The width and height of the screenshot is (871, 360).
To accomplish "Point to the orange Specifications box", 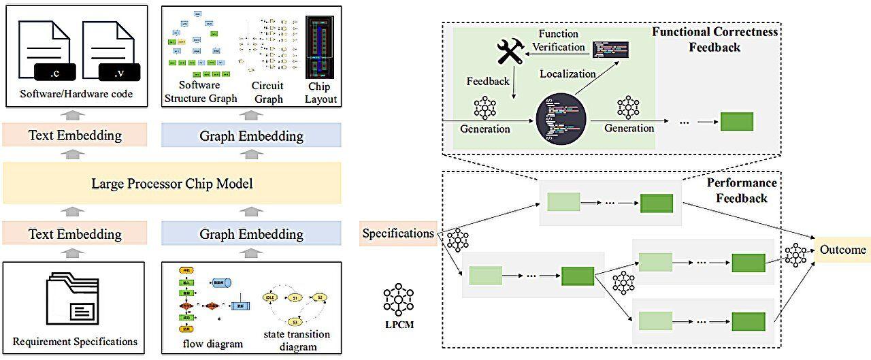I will [x=398, y=234].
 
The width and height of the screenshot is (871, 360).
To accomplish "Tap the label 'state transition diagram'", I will [x=296, y=340].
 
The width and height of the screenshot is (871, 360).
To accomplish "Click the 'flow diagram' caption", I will [x=213, y=344].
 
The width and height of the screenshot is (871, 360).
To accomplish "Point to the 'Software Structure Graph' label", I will [x=201, y=92].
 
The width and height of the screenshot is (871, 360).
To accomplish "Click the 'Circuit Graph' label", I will [x=267, y=92].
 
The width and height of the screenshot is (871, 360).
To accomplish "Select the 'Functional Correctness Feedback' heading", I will [x=714, y=40].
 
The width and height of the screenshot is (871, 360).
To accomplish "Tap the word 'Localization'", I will [x=568, y=73].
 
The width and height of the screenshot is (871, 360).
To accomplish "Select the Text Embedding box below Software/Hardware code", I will [x=75, y=135].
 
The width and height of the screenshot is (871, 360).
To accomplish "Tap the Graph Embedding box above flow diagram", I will [x=251, y=234].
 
